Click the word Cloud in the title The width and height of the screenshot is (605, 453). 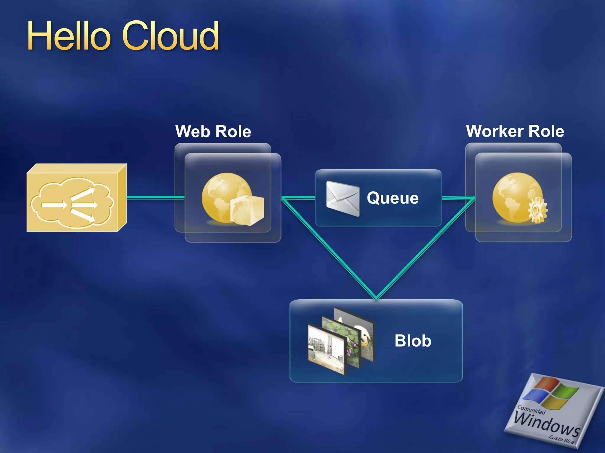pyautogui.click(x=170, y=36)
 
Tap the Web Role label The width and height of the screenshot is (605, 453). pyautogui.click(x=213, y=132)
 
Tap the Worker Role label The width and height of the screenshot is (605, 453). pyautogui.click(x=515, y=131)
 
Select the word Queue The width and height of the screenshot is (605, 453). pyautogui.click(x=393, y=198)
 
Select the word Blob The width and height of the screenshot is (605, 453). pyautogui.click(x=413, y=341)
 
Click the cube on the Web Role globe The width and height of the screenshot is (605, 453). pyautogui.click(x=247, y=211)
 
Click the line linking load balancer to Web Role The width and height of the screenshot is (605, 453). pyautogui.click(x=155, y=198)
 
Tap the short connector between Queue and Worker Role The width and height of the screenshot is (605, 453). pyautogui.click(x=458, y=198)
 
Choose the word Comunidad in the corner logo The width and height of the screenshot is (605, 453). pyautogui.click(x=531, y=410)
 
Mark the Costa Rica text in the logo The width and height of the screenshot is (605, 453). pyautogui.click(x=561, y=440)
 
